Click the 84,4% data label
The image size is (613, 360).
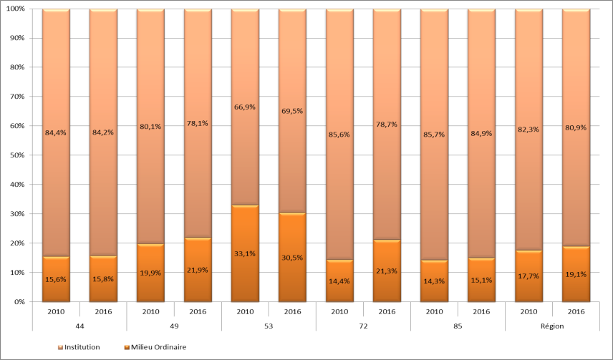(x=55, y=132)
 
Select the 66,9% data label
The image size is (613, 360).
(x=244, y=107)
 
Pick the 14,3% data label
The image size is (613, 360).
(x=433, y=281)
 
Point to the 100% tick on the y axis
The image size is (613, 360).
(x=15, y=9)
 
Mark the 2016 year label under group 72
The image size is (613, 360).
(x=386, y=312)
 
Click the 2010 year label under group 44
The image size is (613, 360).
(x=55, y=312)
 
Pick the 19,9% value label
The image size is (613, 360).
(x=150, y=272)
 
